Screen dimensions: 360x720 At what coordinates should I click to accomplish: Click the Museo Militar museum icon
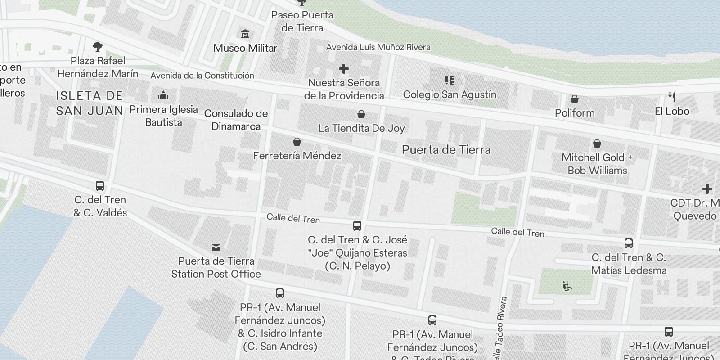click(245, 34)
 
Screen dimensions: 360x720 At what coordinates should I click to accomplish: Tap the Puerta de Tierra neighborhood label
click(446, 150)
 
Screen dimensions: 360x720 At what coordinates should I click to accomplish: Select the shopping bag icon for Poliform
click(575, 99)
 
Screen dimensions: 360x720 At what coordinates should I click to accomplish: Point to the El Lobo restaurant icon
click(672, 97)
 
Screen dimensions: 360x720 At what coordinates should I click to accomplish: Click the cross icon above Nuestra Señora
click(344, 69)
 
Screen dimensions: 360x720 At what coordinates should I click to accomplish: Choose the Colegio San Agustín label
click(450, 94)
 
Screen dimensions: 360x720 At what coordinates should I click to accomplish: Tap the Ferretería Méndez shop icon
click(297, 142)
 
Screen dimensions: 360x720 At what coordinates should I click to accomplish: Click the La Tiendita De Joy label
click(361, 128)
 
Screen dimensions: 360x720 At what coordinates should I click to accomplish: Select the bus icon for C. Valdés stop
click(100, 186)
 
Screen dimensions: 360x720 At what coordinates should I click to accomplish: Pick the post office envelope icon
click(216, 247)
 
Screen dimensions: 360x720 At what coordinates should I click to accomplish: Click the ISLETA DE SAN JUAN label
click(90, 103)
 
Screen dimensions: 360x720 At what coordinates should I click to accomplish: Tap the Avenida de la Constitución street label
click(202, 76)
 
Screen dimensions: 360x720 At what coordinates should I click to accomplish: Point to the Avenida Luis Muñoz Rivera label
click(378, 47)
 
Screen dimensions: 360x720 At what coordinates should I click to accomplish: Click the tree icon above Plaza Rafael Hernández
click(97, 46)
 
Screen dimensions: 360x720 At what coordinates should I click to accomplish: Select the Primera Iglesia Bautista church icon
click(163, 96)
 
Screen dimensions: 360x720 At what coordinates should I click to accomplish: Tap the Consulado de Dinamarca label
click(236, 120)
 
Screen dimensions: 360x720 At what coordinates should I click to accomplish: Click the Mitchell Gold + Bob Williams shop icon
click(597, 144)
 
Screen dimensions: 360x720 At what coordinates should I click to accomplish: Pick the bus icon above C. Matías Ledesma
click(629, 244)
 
